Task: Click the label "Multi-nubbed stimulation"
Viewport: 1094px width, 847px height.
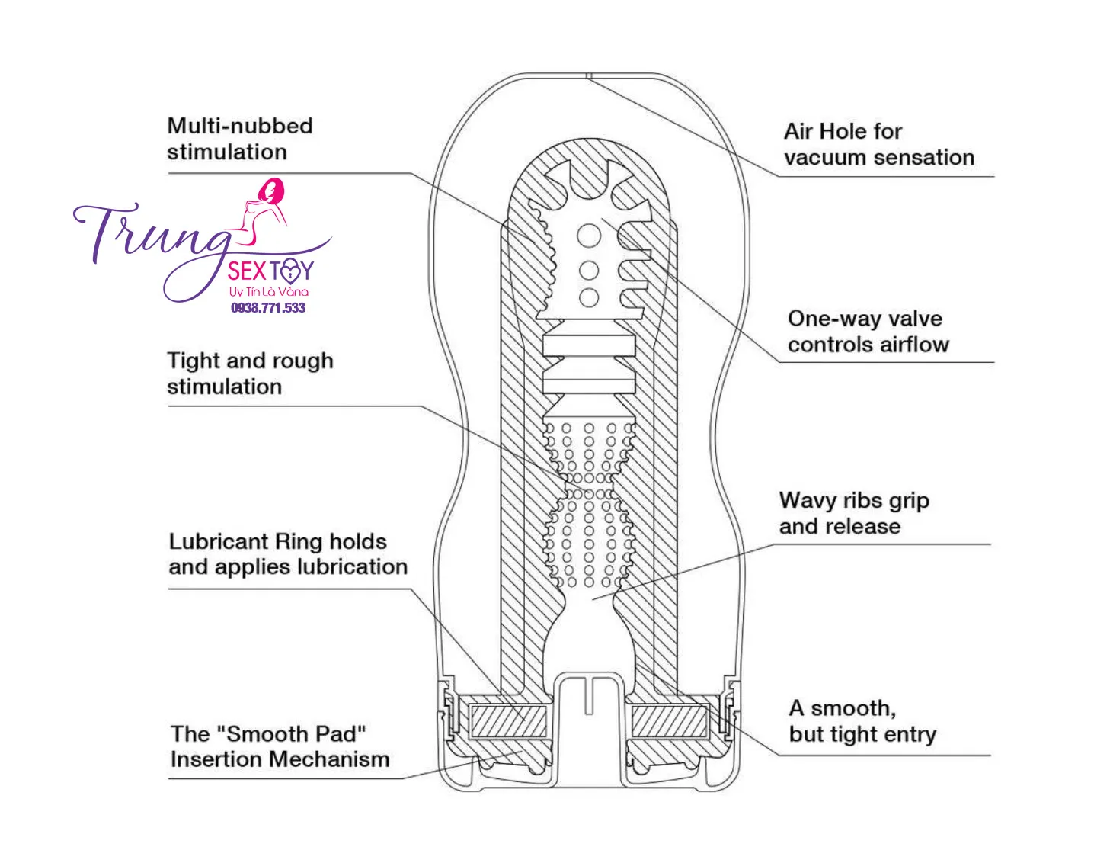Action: pos(239,139)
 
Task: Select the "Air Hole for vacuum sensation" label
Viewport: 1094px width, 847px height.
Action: pos(878,144)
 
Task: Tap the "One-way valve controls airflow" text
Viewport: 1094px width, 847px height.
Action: pos(868,332)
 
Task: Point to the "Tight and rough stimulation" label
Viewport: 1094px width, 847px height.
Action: pos(249,374)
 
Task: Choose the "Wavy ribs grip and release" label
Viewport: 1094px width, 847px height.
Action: pos(853,513)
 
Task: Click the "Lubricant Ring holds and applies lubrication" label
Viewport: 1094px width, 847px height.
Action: pos(287,554)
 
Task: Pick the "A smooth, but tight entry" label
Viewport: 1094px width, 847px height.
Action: pos(862,721)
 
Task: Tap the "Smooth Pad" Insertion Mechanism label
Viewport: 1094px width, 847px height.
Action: pos(280,747)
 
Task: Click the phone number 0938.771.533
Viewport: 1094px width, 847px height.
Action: pos(268,308)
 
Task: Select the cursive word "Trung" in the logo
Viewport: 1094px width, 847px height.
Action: pos(152,233)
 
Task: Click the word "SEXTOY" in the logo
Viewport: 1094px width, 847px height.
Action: pos(270,271)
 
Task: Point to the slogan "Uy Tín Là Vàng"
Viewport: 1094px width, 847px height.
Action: pos(269,292)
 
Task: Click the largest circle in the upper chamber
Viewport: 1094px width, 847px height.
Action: pos(589,235)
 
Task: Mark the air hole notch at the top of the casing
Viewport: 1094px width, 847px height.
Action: pos(589,75)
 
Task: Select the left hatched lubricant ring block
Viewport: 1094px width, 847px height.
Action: pos(508,720)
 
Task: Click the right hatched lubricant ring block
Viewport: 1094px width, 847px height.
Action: pos(670,720)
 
